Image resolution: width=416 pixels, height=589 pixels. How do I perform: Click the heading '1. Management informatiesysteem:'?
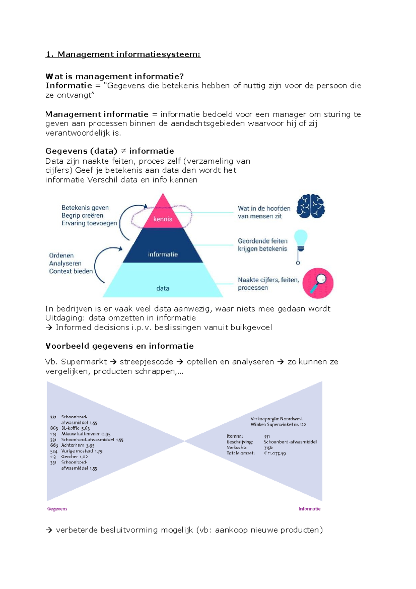pos(123,54)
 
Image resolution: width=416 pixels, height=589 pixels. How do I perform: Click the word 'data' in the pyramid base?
pos(163,288)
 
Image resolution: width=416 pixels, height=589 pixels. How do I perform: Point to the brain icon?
pos(311,206)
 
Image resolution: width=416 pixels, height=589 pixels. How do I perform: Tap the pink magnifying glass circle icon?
pos(318,283)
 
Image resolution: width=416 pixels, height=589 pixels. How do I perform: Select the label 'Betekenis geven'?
pos(85,208)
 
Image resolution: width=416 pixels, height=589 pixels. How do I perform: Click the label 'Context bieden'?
pos(71,271)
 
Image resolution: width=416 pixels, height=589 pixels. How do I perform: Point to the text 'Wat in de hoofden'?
pos(264,208)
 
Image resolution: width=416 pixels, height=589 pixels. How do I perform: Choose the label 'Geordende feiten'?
pos(262,241)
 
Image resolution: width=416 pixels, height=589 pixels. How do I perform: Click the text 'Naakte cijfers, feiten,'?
pos(268,280)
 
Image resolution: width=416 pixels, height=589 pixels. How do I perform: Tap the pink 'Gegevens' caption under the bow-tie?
pos(57,509)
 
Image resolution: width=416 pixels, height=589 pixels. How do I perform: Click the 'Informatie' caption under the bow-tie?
pos(309,509)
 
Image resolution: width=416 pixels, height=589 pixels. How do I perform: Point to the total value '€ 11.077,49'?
pos(275,453)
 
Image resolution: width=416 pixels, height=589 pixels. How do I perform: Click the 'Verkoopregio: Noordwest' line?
pos(276,419)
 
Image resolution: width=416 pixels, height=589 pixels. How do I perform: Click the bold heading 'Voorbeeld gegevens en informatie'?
pos(119,346)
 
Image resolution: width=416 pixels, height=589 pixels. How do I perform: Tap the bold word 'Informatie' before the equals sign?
pos(68,86)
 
